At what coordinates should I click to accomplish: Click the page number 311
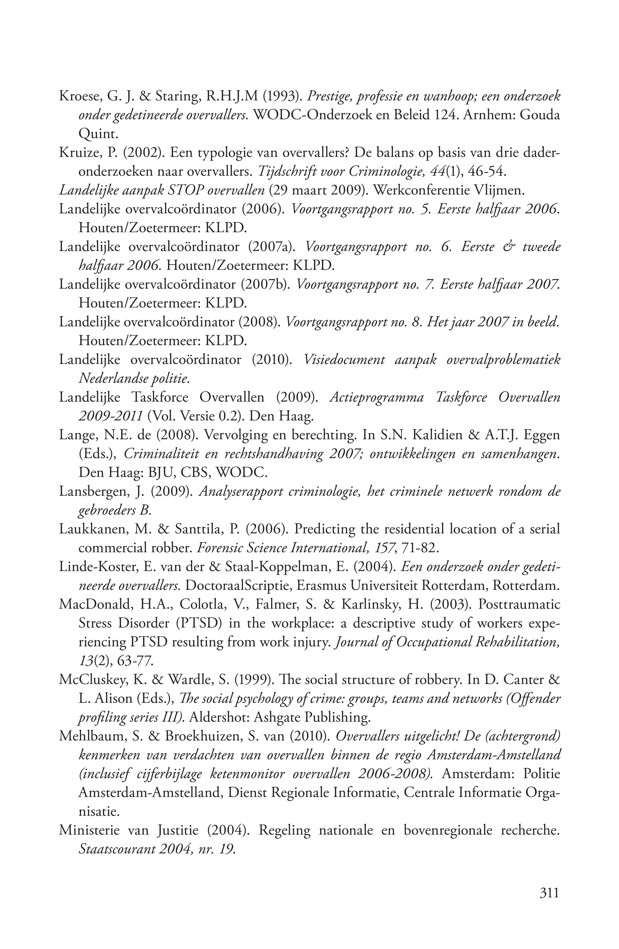(x=549, y=892)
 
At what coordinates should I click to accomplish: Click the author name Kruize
(x=77, y=153)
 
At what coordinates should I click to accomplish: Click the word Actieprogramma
(x=376, y=398)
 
